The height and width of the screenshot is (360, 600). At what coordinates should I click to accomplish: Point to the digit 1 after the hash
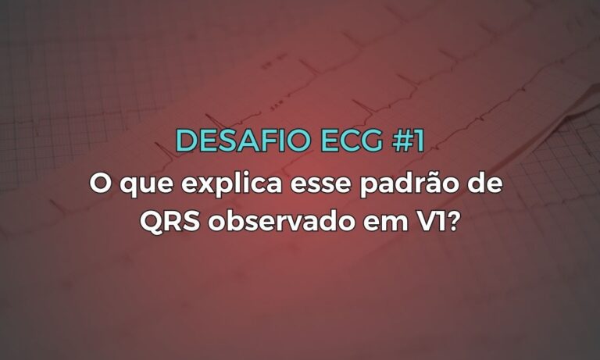pos(416,141)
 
